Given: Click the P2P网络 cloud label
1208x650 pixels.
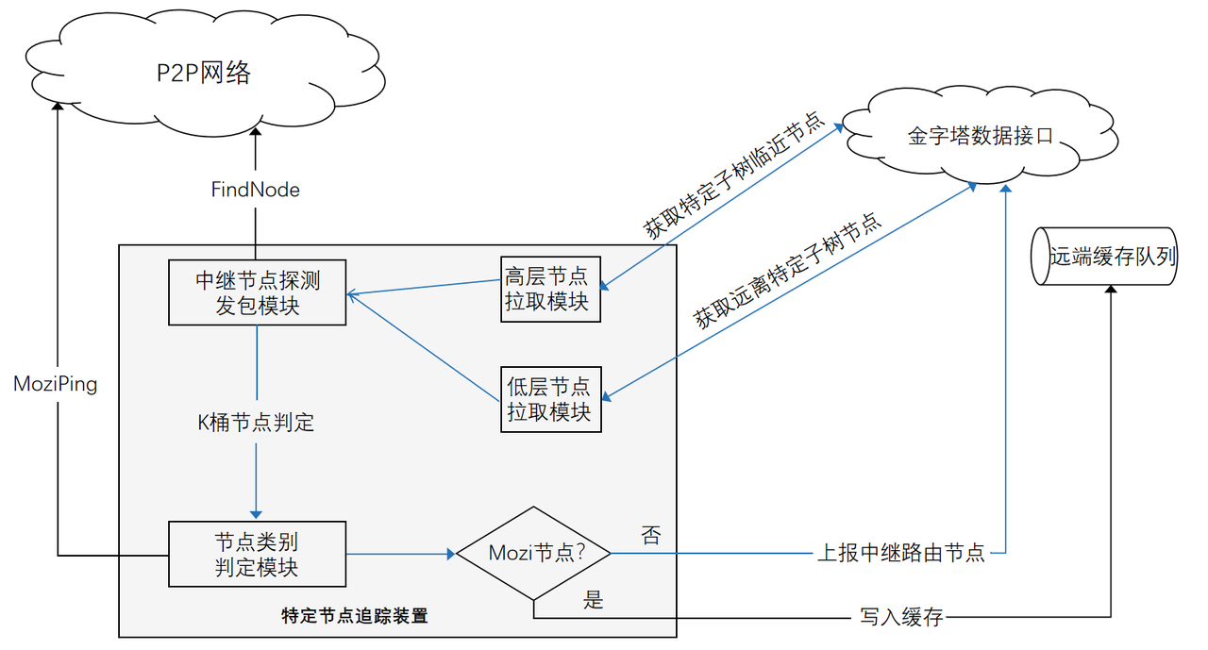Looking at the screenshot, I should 204,73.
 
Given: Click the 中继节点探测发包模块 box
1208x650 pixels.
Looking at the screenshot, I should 257,292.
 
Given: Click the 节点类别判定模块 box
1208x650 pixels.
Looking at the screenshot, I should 257,554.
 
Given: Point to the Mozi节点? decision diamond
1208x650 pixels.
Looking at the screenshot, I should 533,554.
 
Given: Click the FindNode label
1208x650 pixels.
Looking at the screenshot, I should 255,190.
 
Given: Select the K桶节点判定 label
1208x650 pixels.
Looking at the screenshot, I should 256,423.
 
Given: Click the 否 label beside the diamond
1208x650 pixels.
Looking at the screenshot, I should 650,535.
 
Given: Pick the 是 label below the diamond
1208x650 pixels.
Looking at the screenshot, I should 594,599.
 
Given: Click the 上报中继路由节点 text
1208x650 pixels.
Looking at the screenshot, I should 900,554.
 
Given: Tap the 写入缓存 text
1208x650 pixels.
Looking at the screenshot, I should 900,619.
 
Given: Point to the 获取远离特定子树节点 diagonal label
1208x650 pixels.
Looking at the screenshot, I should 787,271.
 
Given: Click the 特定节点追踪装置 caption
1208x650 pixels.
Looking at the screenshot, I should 355,616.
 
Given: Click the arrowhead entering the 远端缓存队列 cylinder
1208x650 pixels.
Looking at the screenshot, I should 1111,291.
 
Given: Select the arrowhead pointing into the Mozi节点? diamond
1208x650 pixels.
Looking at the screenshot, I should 451,554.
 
